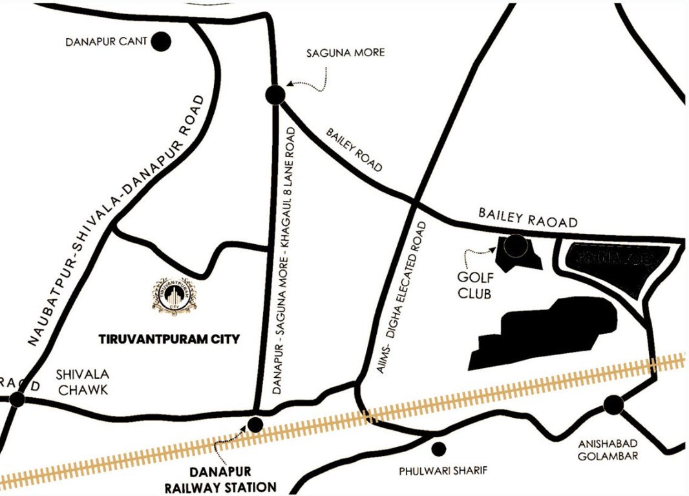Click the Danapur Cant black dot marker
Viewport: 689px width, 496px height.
point(161,43)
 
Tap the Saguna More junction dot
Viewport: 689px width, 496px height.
point(275,95)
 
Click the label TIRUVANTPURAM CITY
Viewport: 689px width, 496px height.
point(169,338)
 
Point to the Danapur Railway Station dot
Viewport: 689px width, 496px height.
point(256,424)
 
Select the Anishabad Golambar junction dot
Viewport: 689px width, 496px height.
point(613,405)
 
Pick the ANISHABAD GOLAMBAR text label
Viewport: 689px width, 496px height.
point(608,449)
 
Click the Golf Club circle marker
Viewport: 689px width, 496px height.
point(516,244)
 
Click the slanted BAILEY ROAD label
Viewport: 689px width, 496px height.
point(354,150)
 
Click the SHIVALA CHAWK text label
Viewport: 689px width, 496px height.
point(83,382)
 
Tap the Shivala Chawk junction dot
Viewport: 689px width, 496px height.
point(17,400)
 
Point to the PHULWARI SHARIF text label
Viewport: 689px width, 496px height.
point(432,470)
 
